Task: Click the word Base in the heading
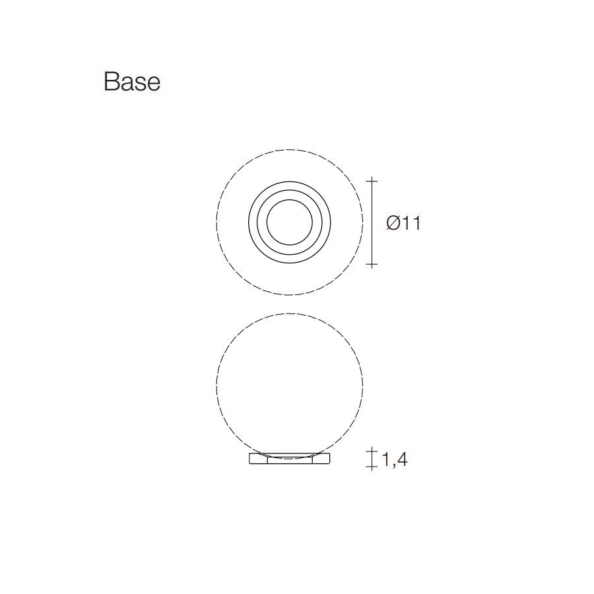click(132, 81)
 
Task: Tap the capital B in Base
click(111, 81)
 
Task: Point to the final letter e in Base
click(153, 84)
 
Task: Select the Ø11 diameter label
click(403, 223)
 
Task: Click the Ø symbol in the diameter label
click(393, 223)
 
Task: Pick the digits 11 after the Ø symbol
click(411, 223)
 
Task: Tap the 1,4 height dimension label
click(395, 459)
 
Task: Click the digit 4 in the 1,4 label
click(401, 459)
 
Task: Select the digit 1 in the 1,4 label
click(385, 459)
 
